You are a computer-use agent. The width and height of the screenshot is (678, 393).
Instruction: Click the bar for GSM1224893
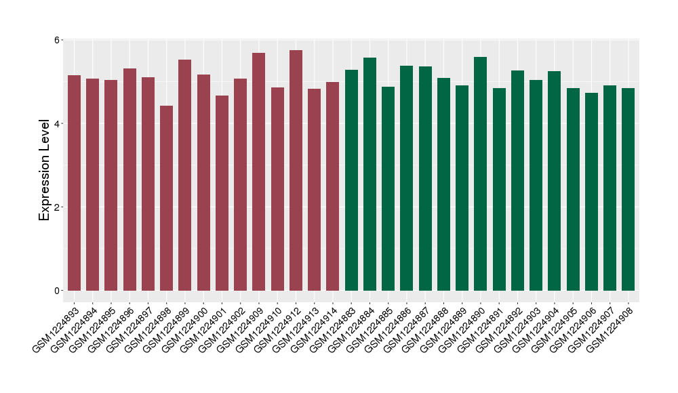74,183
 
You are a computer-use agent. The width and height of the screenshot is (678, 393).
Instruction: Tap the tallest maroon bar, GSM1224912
296,170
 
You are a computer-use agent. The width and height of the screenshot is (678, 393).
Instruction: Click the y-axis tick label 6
58,40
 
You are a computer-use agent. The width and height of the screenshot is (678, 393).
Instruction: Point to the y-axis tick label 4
58,123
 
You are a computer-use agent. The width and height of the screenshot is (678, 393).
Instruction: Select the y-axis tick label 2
58,207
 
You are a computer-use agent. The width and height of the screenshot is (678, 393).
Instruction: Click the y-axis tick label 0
58,291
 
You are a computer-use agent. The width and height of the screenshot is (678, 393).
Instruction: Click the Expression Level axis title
45,169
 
